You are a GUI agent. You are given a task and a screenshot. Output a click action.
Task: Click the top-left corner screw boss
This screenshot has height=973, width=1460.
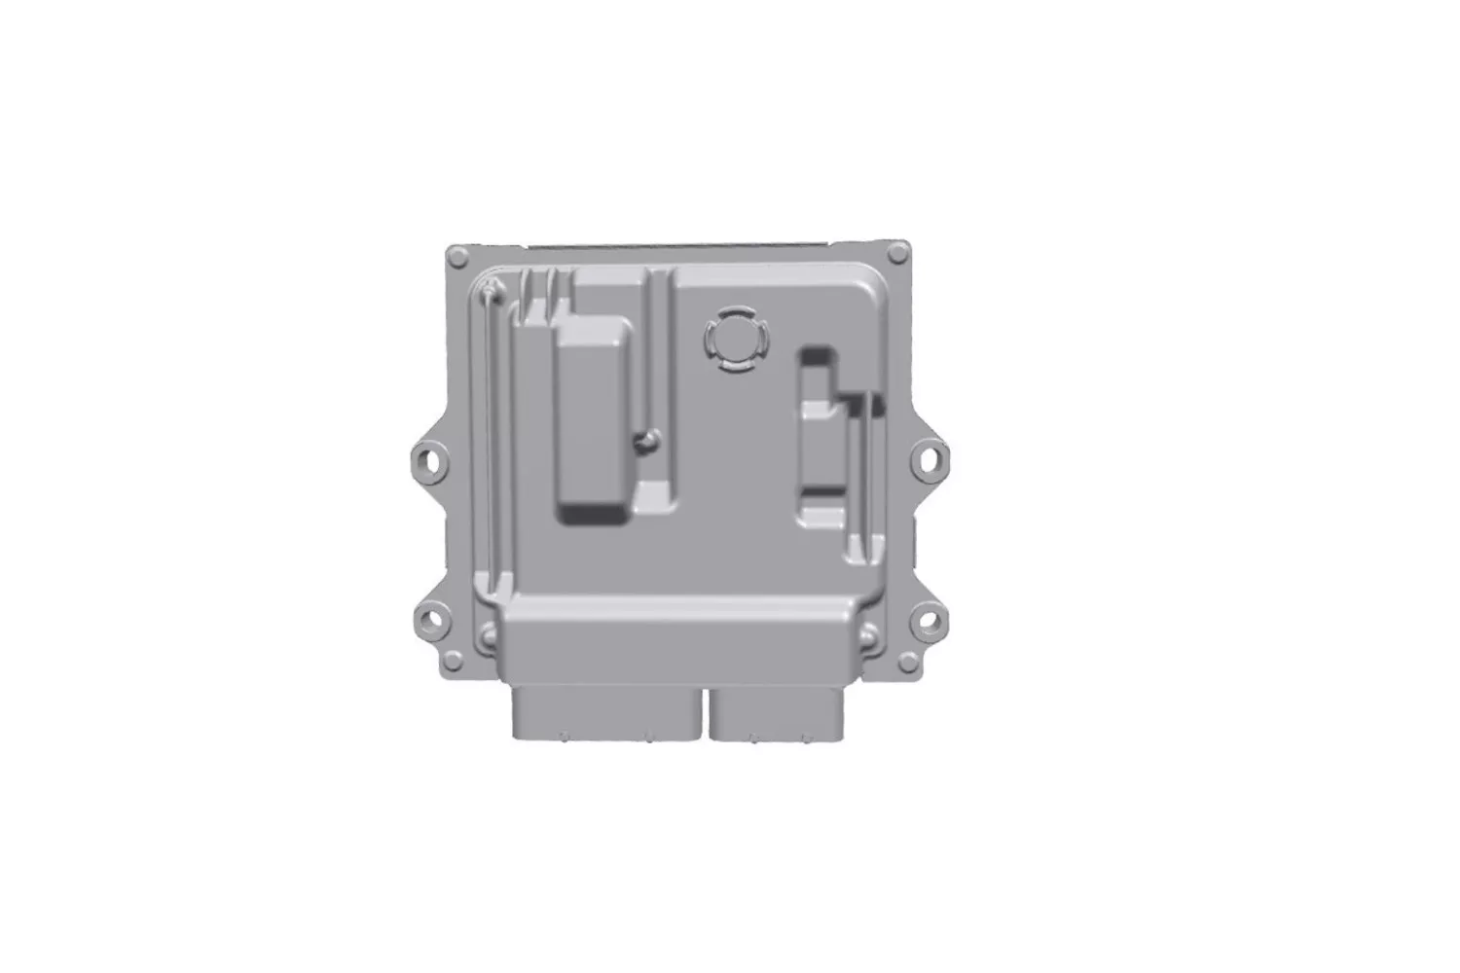pyautogui.click(x=457, y=256)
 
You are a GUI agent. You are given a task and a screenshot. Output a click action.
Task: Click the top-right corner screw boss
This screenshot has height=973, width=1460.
pyautogui.click(x=899, y=254)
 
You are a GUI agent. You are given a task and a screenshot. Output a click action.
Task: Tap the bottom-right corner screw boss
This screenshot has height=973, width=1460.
pyautogui.click(x=908, y=663)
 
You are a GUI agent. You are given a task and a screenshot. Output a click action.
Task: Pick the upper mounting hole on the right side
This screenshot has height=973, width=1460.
pyautogui.click(x=930, y=455)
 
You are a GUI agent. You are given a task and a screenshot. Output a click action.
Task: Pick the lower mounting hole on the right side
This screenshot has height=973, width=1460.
pyautogui.click(x=929, y=618)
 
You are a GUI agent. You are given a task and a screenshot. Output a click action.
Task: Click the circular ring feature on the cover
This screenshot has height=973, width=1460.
pyautogui.click(x=737, y=340)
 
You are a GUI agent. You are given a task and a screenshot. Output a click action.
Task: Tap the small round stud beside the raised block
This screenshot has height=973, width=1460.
pyautogui.click(x=643, y=442)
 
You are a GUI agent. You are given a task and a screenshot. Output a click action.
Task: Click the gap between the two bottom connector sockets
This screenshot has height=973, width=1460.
pyautogui.click(x=705, y=715)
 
